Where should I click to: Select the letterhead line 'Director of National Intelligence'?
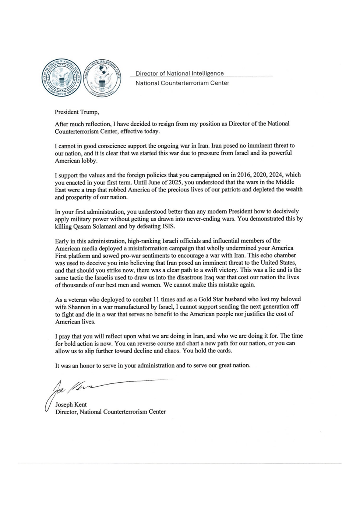pos(180,73)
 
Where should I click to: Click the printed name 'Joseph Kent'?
pos(71,404)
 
